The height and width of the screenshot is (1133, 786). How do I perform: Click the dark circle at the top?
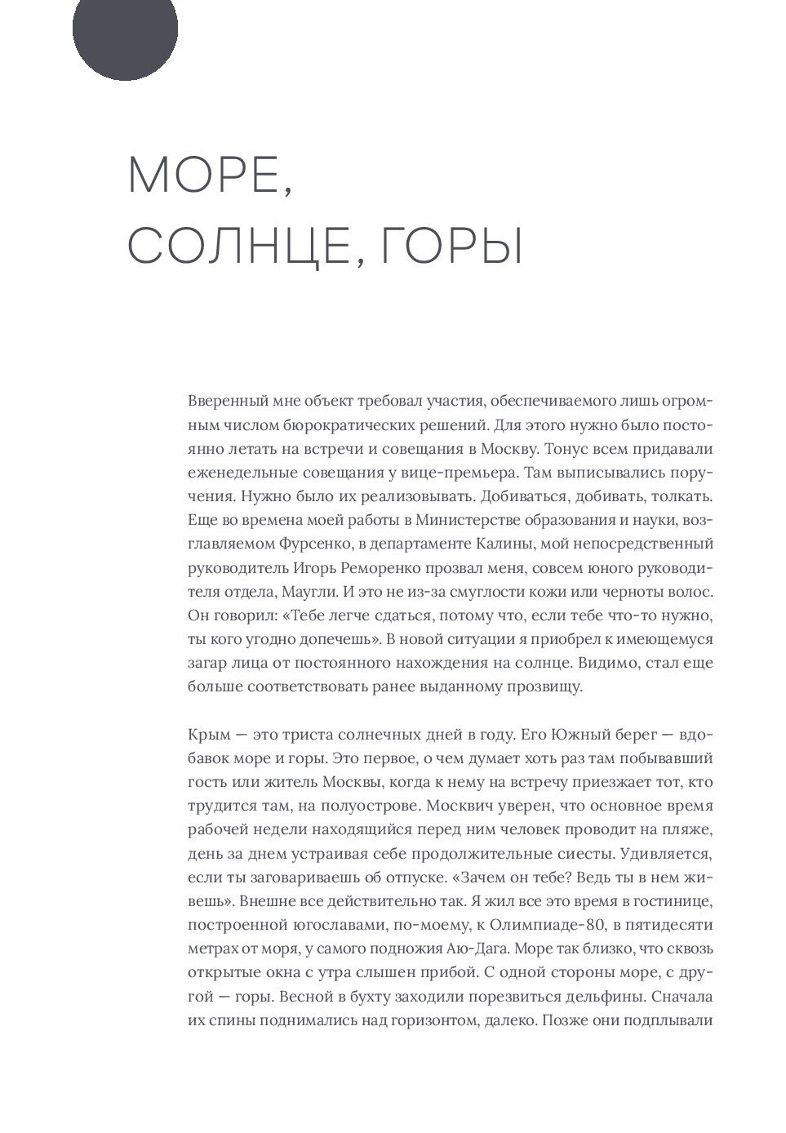click(x=125, y=30)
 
